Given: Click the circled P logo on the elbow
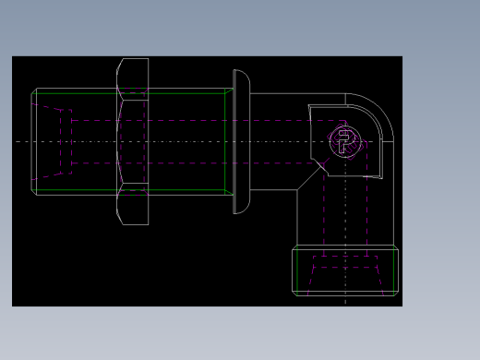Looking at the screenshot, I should [x=345, y=141].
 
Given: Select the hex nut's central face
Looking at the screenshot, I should [x=133, y=141].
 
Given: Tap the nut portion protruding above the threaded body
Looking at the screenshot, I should [x=133, y=73].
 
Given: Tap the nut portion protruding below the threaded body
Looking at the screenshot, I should [x=133, y=210].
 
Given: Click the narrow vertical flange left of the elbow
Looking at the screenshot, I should [x=241, y=141].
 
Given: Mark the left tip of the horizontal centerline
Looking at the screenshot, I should [x=17, y=141].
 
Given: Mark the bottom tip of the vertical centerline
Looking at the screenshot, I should [x=345, y=303].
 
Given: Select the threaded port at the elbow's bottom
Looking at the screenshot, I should [x=345, y=270].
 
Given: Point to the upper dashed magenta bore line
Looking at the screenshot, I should [x=185, y=120].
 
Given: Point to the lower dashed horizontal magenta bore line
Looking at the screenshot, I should [x=185, y=163].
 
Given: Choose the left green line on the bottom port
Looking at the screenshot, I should [x=297, y=270].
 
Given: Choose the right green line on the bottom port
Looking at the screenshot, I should [x=394, y=270].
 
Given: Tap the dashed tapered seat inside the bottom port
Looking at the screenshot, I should [x=345, y=268].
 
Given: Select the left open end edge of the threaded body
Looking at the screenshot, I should [x=32, y=141].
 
